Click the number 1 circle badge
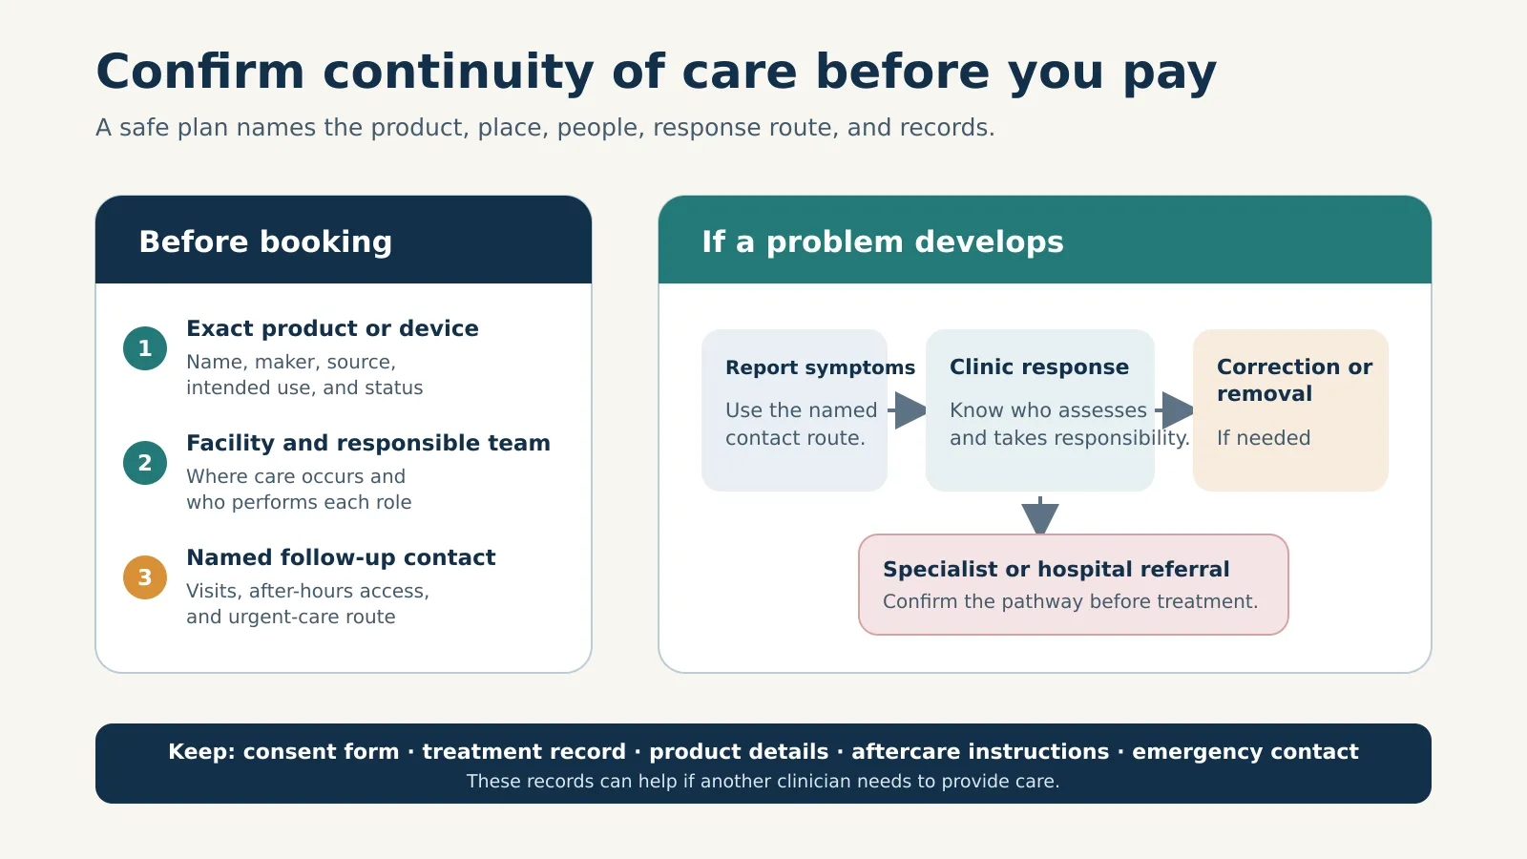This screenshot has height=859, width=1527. (145, 348)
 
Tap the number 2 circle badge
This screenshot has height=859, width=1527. (145, 463)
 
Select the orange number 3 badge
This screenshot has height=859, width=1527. (145, 577)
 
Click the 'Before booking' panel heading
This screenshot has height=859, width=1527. (265, 242)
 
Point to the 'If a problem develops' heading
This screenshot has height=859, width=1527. (882, 242)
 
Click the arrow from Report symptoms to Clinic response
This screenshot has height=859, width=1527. (907, 410)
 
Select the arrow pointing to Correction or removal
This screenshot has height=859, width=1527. (1174, 410)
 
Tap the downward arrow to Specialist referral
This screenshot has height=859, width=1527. (1039, 516)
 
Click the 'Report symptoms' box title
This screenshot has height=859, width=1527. (820, 368)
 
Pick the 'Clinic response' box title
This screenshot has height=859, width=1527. (1039, 367)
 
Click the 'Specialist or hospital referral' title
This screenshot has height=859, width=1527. (1056, 569)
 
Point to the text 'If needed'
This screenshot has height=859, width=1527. (1264, 438)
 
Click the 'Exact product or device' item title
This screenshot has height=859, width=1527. (332, 328)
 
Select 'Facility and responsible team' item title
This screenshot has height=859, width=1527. (368, 443)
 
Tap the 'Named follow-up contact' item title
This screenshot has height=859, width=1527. (341, 557)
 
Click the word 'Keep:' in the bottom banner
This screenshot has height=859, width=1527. (201, 752)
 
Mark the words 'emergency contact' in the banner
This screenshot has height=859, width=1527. (1245, 752)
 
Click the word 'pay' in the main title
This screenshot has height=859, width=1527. (1170, 73)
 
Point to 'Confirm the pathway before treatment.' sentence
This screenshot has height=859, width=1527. (1070, 602)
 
